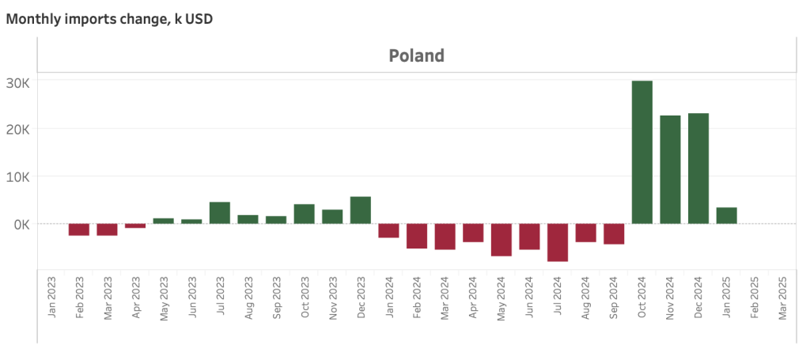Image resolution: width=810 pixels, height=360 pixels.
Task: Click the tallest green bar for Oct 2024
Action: coord(642,152)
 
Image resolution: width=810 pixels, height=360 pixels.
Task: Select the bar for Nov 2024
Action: coord(670,169)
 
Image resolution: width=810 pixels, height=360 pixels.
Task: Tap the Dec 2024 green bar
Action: coord(698,169)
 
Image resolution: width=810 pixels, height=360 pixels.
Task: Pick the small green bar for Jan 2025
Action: coord(726,215)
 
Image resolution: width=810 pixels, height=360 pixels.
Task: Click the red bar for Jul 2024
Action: coord(558,242)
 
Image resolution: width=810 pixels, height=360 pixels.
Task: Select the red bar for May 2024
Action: coord(502,240)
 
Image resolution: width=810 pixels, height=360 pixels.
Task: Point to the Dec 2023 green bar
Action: coord(361,210)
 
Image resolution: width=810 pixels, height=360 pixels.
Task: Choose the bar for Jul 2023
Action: coord(220,213)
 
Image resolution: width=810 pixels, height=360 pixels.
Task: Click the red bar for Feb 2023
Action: coord(79,229)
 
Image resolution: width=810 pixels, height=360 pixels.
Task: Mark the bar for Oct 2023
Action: coord(305,214)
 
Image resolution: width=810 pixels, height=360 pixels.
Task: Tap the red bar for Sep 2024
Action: coord(614,233)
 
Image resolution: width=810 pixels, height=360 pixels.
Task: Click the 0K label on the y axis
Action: coord(21,224)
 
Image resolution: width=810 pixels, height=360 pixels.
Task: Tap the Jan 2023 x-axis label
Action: coord(51,297)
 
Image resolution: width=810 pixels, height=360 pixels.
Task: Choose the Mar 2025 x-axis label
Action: coord(782,297)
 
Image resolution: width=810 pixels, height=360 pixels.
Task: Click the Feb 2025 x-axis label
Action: coord(755,297)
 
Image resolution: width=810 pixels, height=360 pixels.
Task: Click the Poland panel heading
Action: coord(416,55)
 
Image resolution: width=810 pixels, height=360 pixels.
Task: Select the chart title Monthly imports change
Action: coord(109,18)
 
